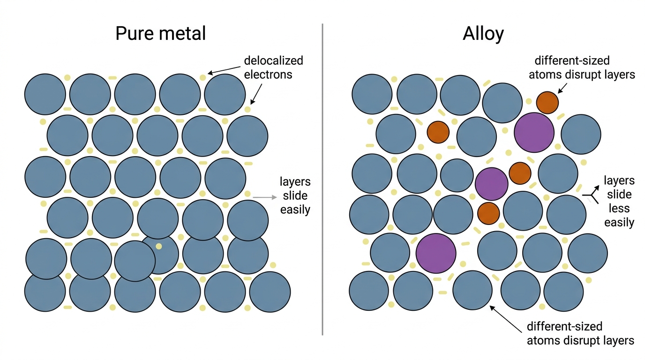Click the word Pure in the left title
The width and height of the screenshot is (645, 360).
click(135, 33)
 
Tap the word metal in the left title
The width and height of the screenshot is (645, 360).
click(182, 33)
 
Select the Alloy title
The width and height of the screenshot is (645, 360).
click(483, 34)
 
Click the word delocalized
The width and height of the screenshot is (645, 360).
click(274, 61)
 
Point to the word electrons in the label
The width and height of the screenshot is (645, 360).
click(268, 75)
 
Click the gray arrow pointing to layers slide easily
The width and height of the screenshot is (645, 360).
click(265, 197)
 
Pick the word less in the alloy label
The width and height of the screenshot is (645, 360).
click(619, 208)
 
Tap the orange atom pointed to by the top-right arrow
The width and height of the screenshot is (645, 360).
click(547, 103)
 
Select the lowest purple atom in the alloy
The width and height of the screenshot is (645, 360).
click(436, 253)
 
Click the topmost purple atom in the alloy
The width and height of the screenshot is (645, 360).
click(534, 133)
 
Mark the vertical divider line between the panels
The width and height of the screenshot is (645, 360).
click(322, 179)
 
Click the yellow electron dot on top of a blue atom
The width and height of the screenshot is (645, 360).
click(158, 246)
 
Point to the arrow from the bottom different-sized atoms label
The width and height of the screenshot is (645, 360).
click(506, 319)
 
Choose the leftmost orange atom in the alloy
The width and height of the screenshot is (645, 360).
click(438, 132)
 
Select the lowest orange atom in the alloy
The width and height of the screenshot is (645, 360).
click(488, 213)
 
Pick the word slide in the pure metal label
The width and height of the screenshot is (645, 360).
click(295, 195)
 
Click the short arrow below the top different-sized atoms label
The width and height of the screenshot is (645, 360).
click(562, 89)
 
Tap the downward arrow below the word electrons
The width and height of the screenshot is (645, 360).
click(256, 94)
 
